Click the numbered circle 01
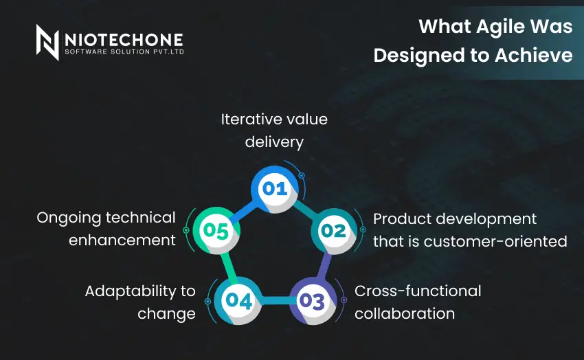click(x=275, y=189)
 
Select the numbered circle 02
click(x=334, y=232)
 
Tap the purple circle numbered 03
click(x=313, y=301)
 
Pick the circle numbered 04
click(x=238, y=301)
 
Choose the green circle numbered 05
click(x=216, y=231)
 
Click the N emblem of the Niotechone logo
click(x=47, y=43)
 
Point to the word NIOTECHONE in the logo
click(x=124, y=40)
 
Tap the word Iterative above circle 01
click(x=249, y=120)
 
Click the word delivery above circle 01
click(x=274, y=142)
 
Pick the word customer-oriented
click(x=495, y=242)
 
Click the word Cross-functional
click(x=418, y=291)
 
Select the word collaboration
click(x=405, y=314)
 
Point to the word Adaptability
click(x=131, y=291)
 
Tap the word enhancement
click(x=122, y=240)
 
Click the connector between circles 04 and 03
click(x=276, y=300)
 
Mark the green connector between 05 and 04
click(x=228, y=266)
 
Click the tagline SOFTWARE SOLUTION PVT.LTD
click(x=124, y=52)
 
